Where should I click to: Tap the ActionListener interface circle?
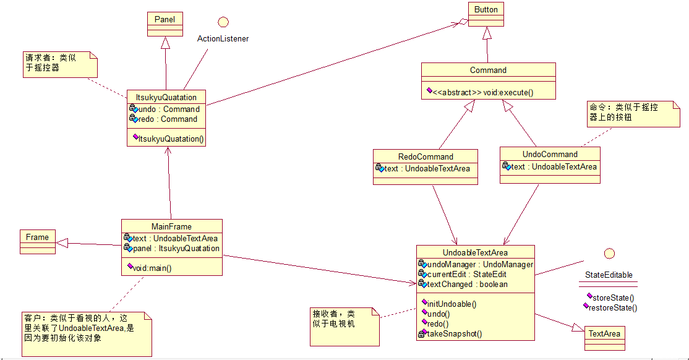[x=223, y=22]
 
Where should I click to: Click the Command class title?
[x=488, y=70]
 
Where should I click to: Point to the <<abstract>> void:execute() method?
[x=482, y=92]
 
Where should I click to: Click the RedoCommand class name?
[x=426, y=156]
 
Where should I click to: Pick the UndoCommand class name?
[x=550, y=154]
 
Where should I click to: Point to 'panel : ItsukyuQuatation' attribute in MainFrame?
[x=176, y=248]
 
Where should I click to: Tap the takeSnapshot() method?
[x=454, y=333]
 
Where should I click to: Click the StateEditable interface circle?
[x=609, y=253]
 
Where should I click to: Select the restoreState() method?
[x=612, y=307]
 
